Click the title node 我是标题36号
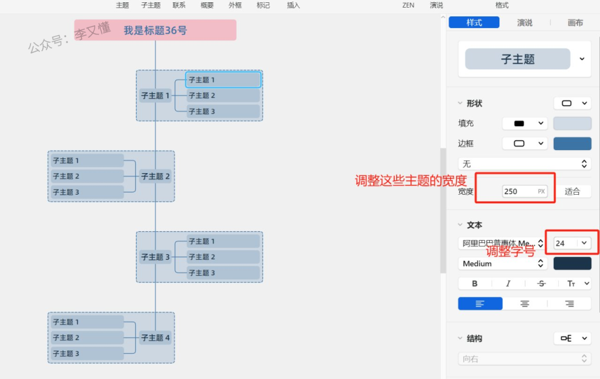[155, 30]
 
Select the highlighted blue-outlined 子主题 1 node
[223, 80]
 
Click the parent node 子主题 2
[155, 176]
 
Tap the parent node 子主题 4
[155, 337]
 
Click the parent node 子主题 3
[155, 257]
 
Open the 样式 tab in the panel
[474, 23]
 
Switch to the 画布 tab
[575, 23]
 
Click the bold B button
[475, 283]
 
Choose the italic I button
[508, 283]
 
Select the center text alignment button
[524, 303]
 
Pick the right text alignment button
[569, 303]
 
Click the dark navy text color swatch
[572, 263]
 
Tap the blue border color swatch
[572, 143]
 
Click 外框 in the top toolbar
[235, 5]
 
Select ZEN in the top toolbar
[408, 5]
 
